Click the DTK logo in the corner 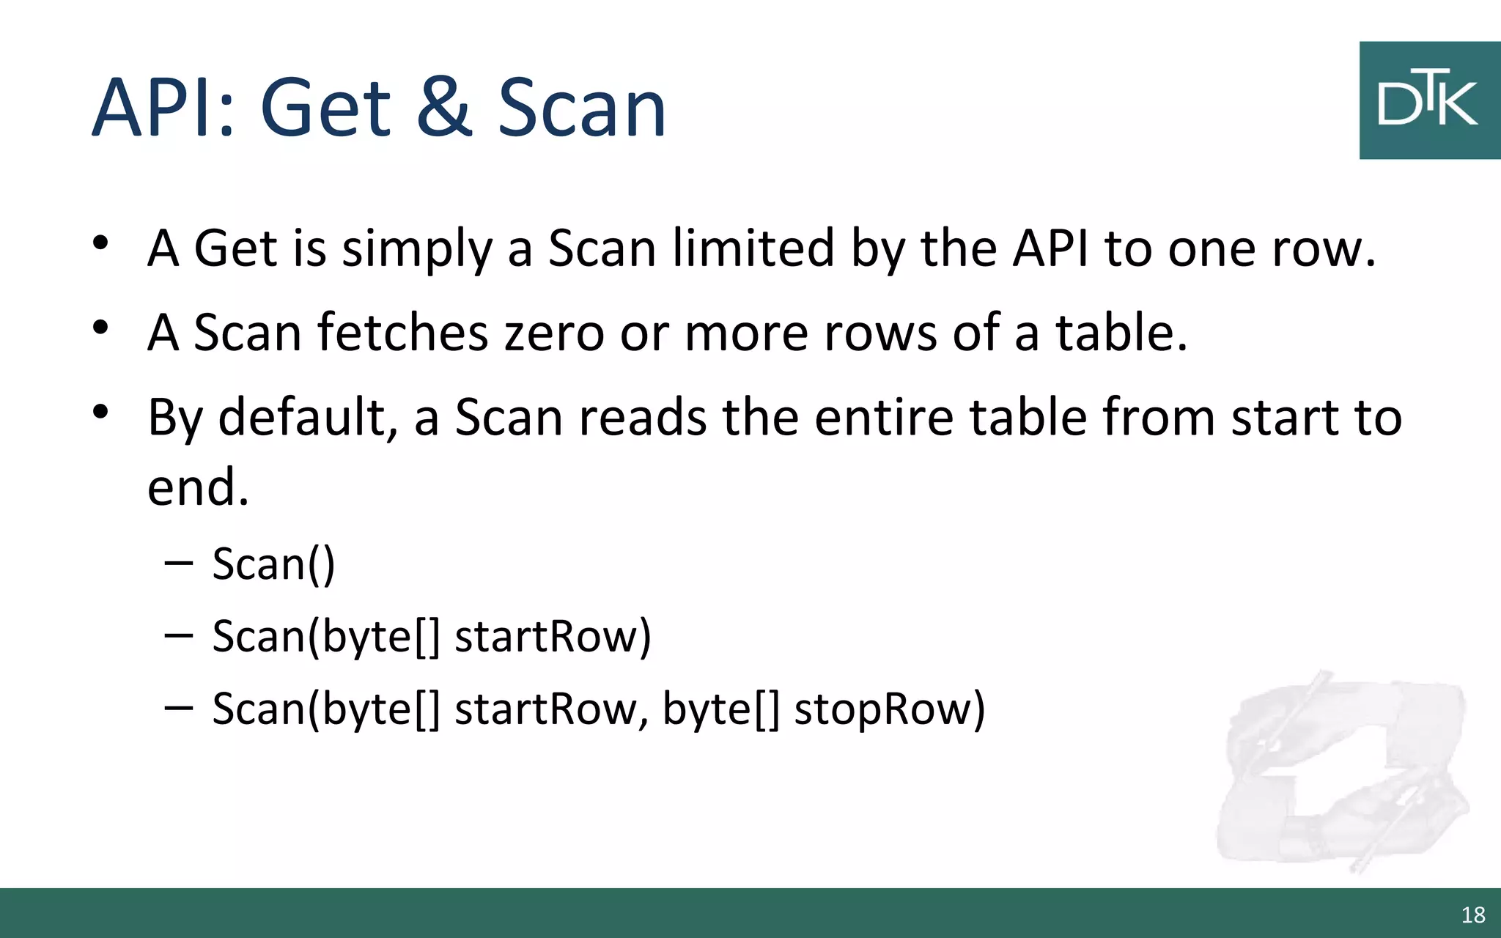pyautogui.click(x=1429, y=100)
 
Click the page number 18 pyautogui.click(x=1473, y=915)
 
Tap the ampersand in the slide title pyautogui.click(x=444, y=108)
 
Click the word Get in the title pyautogui.click(x=325, y=108)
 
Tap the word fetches pyautogui.click(x=402, y=333)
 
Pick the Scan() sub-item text pyautogui.click(x=273, y=564)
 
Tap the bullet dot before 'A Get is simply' pyautogui.click(x=101, y=243)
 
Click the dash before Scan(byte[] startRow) pyautogui.click(x=179, y=635)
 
